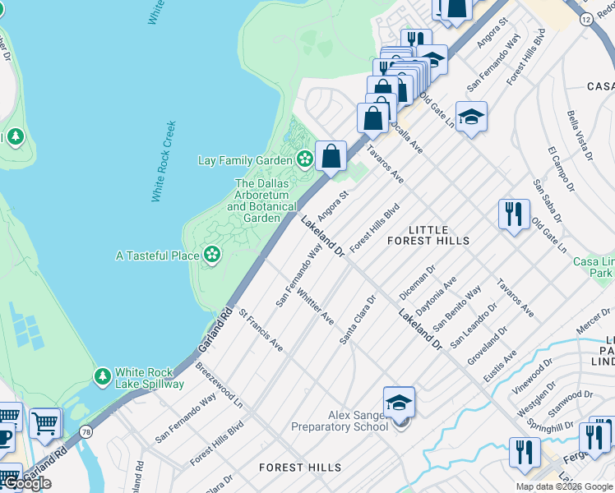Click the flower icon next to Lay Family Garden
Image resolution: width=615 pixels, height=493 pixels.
tap(305, 159)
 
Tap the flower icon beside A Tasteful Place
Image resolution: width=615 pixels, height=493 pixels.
tap(212, 256)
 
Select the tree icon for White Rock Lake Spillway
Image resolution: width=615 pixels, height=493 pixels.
tap(103, 377)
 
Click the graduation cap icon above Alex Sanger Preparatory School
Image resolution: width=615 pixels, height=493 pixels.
tap(399, 403)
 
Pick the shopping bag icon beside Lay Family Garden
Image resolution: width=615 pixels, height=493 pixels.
tap(331, 155)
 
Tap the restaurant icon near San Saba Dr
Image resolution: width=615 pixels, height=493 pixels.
tap(514, 214)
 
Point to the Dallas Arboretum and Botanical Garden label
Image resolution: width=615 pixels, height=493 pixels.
tap(261, 201)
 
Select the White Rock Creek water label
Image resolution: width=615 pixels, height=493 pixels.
tap(164, 162)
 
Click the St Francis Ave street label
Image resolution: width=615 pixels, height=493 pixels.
tap(261, 331)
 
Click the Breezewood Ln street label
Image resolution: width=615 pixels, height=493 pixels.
tap(219, 386)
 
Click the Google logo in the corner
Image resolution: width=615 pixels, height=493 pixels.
tap(27, 483)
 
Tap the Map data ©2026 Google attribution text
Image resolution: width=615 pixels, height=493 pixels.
tap(563, 486)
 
